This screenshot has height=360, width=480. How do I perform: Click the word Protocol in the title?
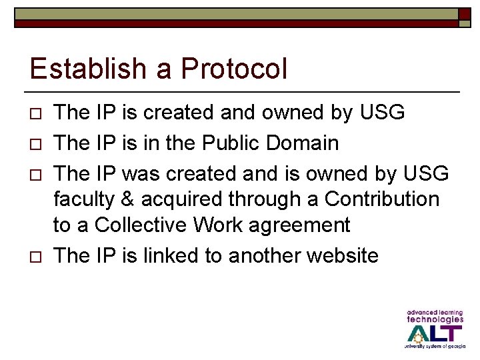(x=234, y=69)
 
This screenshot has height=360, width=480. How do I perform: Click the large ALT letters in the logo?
(x=434, y=333)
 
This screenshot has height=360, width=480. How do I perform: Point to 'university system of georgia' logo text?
(x=433, y=347)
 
